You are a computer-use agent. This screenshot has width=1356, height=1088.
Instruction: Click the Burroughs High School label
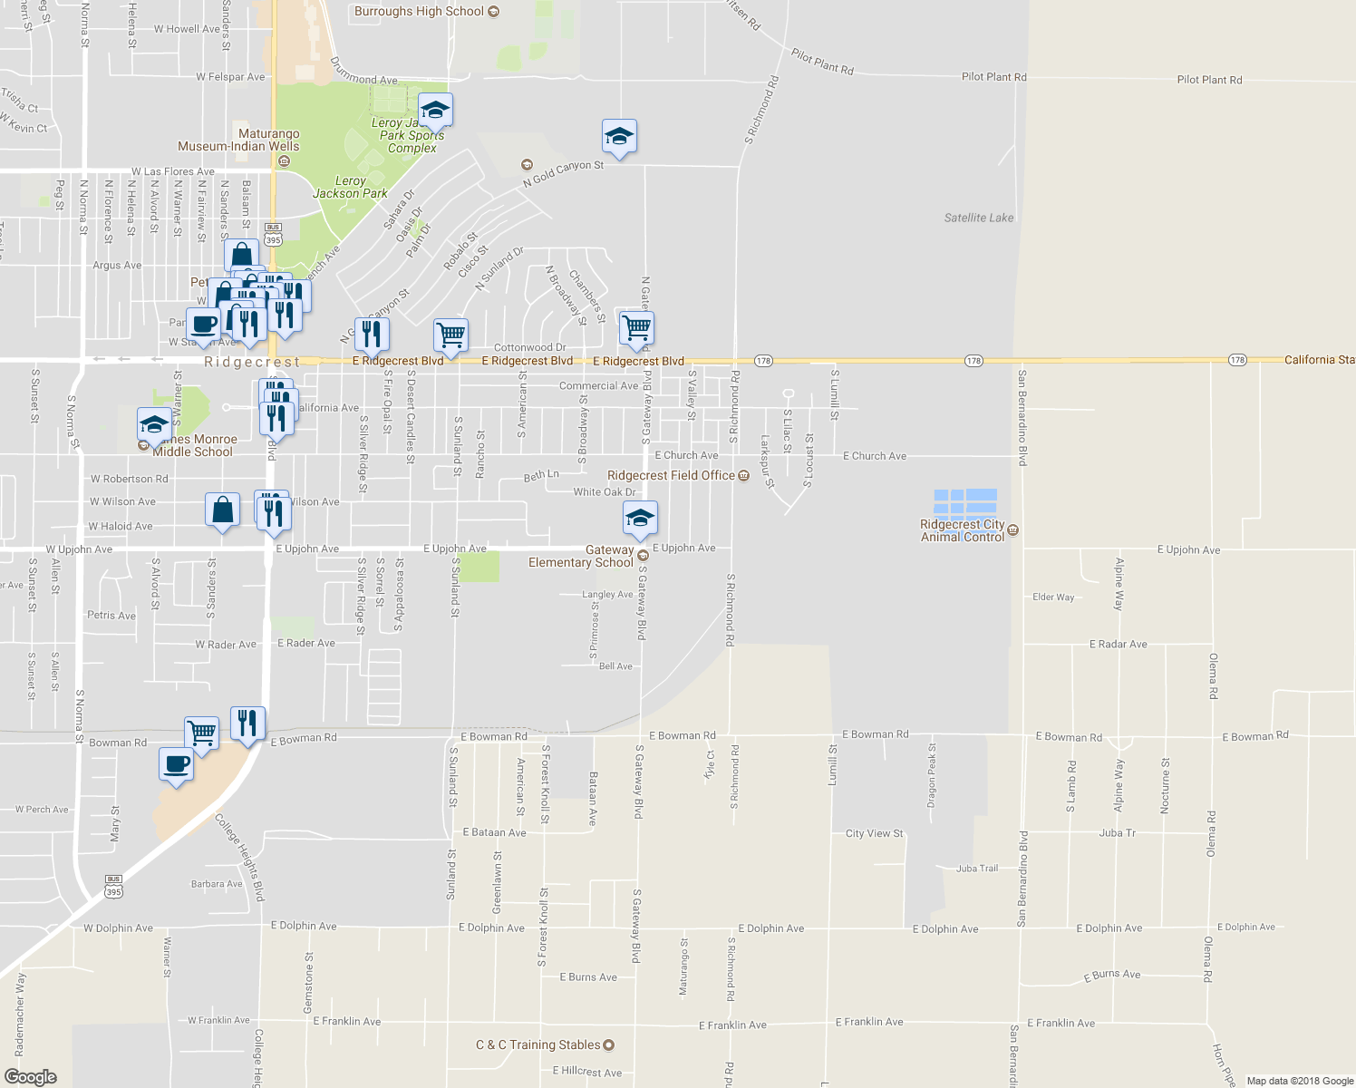click(x=419, y=12)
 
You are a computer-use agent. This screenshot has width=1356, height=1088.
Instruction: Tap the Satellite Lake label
click(x=979, y=218)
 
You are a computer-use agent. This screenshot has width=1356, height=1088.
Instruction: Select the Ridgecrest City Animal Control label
click(x=963, y=530)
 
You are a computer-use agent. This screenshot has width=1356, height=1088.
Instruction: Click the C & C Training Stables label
click(x=538, y=1044)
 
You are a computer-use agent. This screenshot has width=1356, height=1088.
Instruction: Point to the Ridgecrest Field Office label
click(x=671, y=475)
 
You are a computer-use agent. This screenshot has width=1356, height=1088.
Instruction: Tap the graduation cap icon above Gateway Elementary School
click(x=640, y=519)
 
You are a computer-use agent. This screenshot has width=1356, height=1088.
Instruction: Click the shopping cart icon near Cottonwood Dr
click(x=450, y=335)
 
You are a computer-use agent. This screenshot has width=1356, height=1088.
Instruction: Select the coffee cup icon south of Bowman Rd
click(x=176, y=763)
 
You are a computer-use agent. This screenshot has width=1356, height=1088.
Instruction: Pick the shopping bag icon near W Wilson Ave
click(x=222, y=510)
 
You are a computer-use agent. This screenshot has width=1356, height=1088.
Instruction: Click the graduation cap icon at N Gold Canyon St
click(x=619, y=137)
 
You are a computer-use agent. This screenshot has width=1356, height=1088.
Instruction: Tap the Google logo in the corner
click(x=30, y=1076)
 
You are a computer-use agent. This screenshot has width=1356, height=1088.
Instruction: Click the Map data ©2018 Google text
click(x=1300, y=1081)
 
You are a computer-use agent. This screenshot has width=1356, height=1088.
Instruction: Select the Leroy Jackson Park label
click(x=350, y=187)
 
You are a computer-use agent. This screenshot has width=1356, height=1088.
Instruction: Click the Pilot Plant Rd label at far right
click(x=1209, y=80)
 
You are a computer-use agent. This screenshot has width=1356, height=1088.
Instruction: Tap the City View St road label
click(x=874, y=833)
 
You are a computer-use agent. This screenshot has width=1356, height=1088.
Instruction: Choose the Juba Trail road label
click(x=976, y=869)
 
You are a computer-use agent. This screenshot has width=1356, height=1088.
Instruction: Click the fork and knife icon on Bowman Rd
click(x=247, y=724)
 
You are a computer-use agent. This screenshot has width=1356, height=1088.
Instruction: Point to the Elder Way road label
click(x=1053, y=597)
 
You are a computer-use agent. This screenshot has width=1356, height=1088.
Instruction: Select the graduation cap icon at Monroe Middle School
click(x=154, y=424)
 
